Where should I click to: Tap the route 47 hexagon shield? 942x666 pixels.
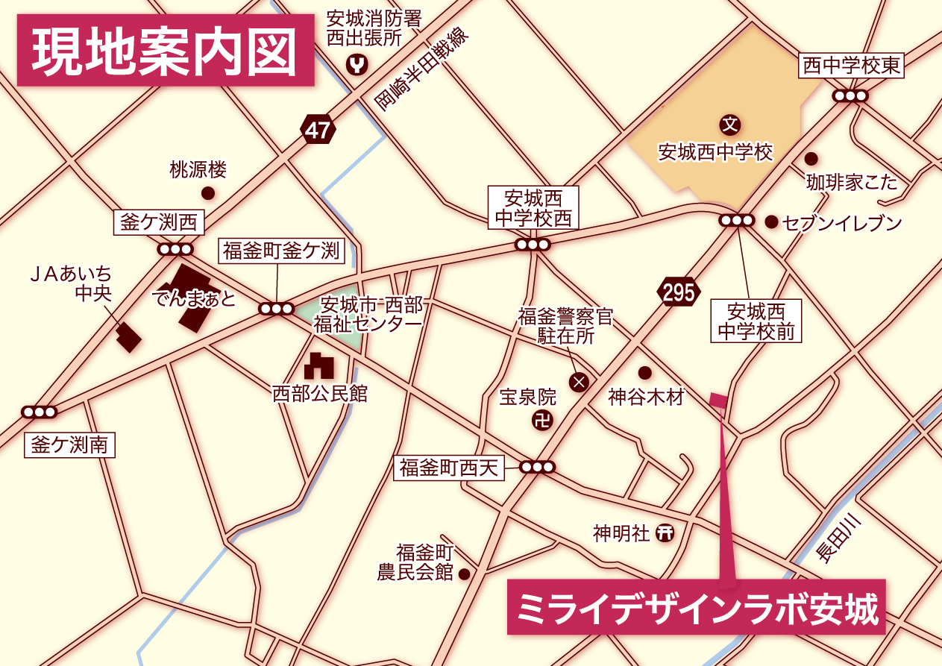coord(318,131)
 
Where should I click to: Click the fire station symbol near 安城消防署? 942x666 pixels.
coord(359,66)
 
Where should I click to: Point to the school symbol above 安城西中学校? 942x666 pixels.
coord(729,123)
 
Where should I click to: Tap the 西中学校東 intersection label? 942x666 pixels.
coord(851,66)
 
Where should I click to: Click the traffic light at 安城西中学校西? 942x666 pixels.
coord(533,245)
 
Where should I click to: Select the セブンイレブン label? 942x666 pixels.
coord(842,222)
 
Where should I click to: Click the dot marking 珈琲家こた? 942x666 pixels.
coord(811,159)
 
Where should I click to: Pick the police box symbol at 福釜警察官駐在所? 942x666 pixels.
coord(579,383)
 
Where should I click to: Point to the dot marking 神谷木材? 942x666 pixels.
coord(644,373)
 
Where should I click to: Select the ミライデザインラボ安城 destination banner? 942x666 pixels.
coord(696,607)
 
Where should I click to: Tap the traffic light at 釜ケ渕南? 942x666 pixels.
coord(39,412)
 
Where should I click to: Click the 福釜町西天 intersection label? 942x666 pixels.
coord(448,468)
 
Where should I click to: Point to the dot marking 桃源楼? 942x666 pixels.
coord(208,193)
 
